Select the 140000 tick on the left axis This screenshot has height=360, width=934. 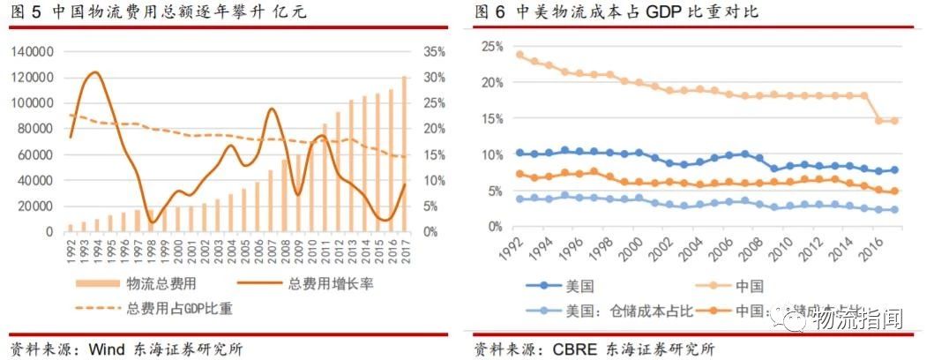34,52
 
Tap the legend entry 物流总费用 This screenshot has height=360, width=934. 153,284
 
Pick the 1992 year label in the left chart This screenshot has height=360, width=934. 71,248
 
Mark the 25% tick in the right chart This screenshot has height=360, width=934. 490,46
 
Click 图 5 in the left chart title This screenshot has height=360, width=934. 26,11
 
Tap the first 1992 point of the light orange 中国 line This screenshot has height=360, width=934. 520,55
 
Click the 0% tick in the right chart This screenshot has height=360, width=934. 493,227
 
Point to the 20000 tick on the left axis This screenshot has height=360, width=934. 37,206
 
